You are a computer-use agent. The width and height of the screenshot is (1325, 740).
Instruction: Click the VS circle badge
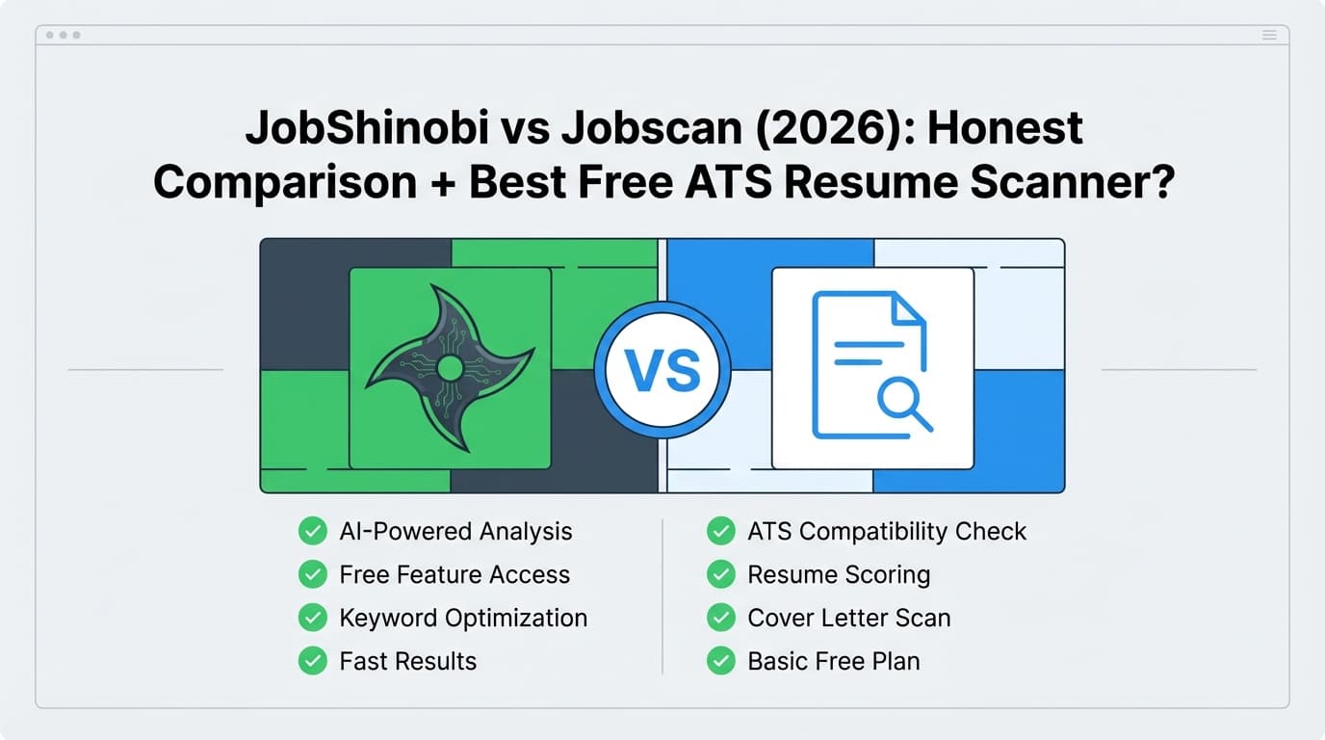(662, 370)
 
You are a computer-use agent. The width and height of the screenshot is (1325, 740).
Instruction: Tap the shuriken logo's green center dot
(449, 367)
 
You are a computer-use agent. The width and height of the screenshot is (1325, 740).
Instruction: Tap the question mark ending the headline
(1158, 183)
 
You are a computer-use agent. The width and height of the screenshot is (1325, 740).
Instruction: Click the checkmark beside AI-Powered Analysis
(312, 531)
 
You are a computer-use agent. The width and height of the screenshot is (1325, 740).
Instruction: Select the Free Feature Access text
(455, 575)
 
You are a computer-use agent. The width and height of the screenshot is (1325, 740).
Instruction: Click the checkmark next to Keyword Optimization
(312, 618)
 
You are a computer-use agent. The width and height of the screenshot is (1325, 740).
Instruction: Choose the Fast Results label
(407, 662)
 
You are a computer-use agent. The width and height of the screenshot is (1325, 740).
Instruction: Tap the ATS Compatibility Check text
(887, 532)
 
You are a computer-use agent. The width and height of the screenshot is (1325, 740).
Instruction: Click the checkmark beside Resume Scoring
(720, 575)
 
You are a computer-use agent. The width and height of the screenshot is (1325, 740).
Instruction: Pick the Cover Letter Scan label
(848, 619)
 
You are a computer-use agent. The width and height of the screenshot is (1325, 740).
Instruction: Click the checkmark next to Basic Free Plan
(720, 662)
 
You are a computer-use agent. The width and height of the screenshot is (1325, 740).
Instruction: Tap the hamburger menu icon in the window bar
(1269, 36)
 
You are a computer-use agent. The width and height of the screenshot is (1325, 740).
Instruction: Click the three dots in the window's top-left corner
(64, 36)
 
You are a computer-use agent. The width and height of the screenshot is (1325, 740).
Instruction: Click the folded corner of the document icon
(908, 309)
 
